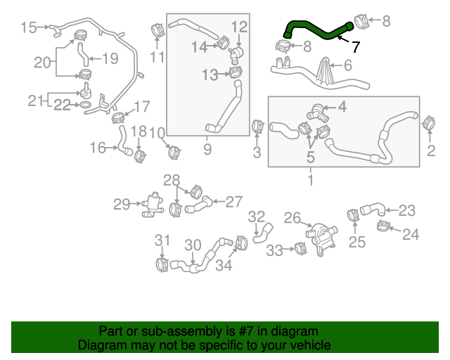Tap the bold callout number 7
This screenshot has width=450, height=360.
point(355,47)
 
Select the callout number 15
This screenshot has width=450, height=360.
point(28,27)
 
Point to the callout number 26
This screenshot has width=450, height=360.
point(292,218)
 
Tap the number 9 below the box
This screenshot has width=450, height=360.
point(207,149)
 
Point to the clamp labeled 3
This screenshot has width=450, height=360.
point(257,127)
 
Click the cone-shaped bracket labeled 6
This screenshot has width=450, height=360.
point(326,73)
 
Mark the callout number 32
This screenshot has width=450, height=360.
point(257,216)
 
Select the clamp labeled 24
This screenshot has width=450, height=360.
point(385,226)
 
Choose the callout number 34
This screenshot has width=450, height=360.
point(224,265)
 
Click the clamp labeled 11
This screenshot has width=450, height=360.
point(157,30)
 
